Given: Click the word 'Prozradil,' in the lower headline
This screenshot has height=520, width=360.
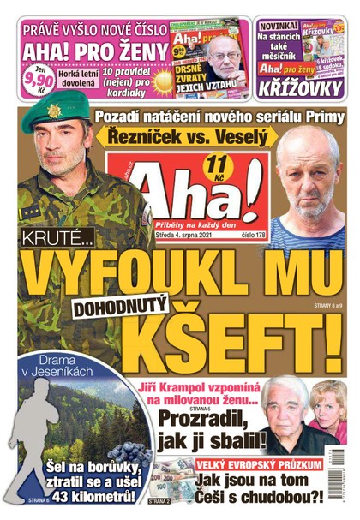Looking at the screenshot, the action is [204, 420].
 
